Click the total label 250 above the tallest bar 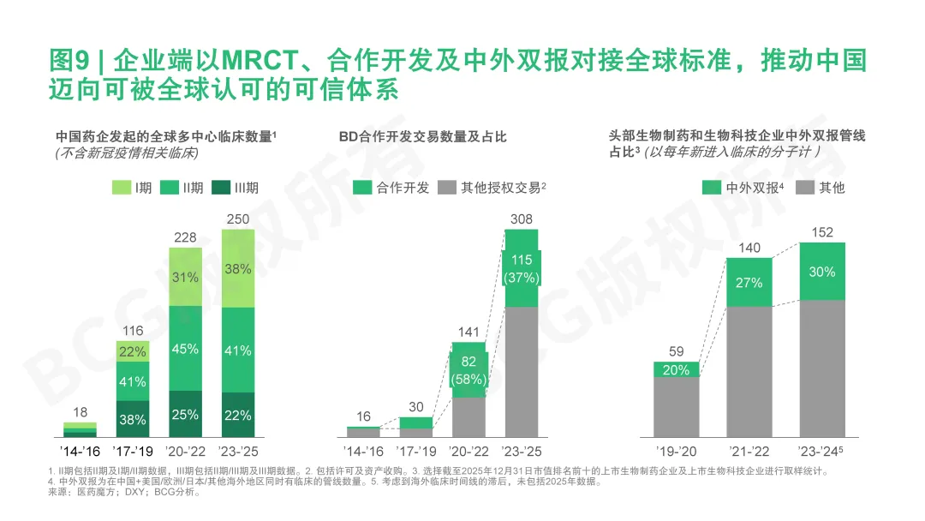coord(237,219)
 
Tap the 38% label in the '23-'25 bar coord(237,268)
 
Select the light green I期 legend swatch coord(119,188)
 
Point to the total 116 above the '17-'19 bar coord(132,330)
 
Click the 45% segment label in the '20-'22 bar coord(185,349)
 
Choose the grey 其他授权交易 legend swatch coord(446,188)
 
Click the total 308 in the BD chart coord(521,219)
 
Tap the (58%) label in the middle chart coord(468,380)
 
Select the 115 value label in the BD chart coord(521,260)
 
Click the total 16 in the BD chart coord(363,416)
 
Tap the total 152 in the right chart coord(822,232)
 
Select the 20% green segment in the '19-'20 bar coord(676,369)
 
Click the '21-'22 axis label coord(749,451)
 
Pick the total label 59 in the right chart coord(676,350)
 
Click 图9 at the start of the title coord(68,62)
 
